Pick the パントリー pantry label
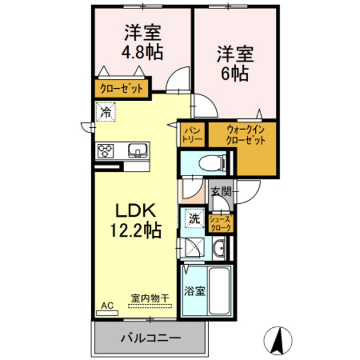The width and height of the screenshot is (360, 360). click(x=192, y=134)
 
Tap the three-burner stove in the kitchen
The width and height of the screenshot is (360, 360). click(x=105, y=151)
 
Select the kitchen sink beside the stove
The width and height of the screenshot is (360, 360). click(x=137, y=151)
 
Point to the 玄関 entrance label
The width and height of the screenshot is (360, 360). click(x=222, y=190)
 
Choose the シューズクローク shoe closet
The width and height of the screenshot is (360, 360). click(x=221, y=223)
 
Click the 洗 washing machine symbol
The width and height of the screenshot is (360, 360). click(x=194, y=218)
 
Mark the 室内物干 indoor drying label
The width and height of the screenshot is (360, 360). click(x=150, y=298)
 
